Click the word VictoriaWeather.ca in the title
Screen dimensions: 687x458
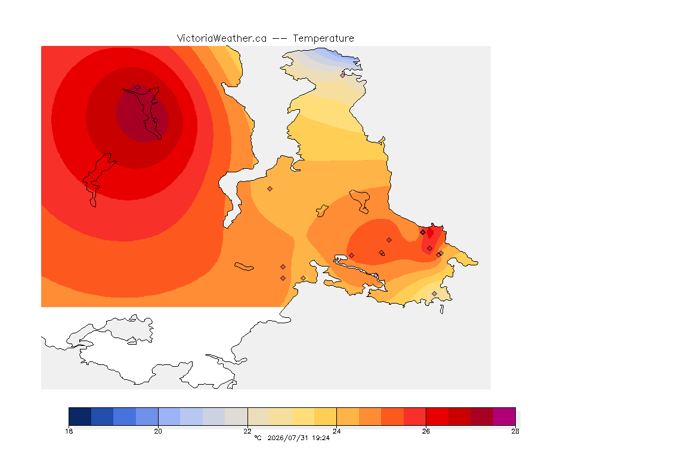pyautogui.click(x=222, y=39)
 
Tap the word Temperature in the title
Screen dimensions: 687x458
pyautogui.click(x=323, y=39)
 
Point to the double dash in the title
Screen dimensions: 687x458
pyautogui.click(x=280, y=39)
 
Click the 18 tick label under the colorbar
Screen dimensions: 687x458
pyautogui.click(x=69, y=431)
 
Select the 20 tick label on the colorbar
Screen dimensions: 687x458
pyautogui.click(x=158, y=431)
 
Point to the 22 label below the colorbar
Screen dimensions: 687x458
pyautogui.click(x=247, y=431)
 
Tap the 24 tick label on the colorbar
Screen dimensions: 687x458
pyautogui.click(x=336, y=431)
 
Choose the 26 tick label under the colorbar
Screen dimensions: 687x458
pyautogui.click(x=426, y=431)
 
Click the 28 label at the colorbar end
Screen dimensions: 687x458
pyautogui.click(x=515, y=431)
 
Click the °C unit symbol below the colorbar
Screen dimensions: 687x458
pyautogui.click(x=258, y=438)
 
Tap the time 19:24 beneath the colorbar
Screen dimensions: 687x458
pyautogui.click(x=321, y=438)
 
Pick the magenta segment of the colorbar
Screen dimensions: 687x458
pyautogui.click(x=505, y=416)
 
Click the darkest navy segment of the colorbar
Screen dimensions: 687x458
pyautogui.click(x=80, y=416)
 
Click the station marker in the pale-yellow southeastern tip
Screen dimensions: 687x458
pyautogui.click(x=434, y=293)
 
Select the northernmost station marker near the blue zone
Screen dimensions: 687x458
pyautogui.click(x=343, y=75)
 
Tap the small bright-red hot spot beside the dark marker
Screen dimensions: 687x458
pyautogui.click(x=430, y=233)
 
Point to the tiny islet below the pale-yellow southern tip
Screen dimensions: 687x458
pyautogui.click(x=442, y=310)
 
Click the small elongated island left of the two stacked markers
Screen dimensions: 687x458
pyautogui.click(x=244, y=267)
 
